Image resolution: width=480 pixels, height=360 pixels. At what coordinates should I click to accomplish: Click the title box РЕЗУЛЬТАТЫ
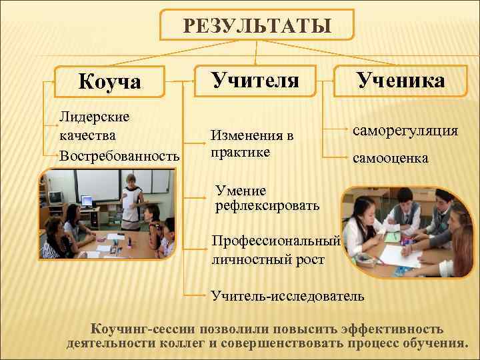pos(257,26)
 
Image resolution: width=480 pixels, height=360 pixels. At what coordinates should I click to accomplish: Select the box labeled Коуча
pos(109,82)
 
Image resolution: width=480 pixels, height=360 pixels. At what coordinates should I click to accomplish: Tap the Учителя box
pos(255,80)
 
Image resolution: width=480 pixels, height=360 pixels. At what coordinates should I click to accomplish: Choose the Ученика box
pos(401,80)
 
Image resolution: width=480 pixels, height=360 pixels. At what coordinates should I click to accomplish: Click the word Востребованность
pos(119,156)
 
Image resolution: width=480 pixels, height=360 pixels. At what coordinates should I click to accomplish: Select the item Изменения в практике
pos(251,144)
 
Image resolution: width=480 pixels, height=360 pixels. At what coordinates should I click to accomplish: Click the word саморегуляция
pos(405,131)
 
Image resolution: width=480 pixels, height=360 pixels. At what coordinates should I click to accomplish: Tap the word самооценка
pos(391,159)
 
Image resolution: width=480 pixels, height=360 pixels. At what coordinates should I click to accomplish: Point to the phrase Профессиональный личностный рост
pos(275,250)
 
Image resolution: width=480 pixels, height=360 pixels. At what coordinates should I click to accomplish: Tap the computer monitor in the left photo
pos(56,197)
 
